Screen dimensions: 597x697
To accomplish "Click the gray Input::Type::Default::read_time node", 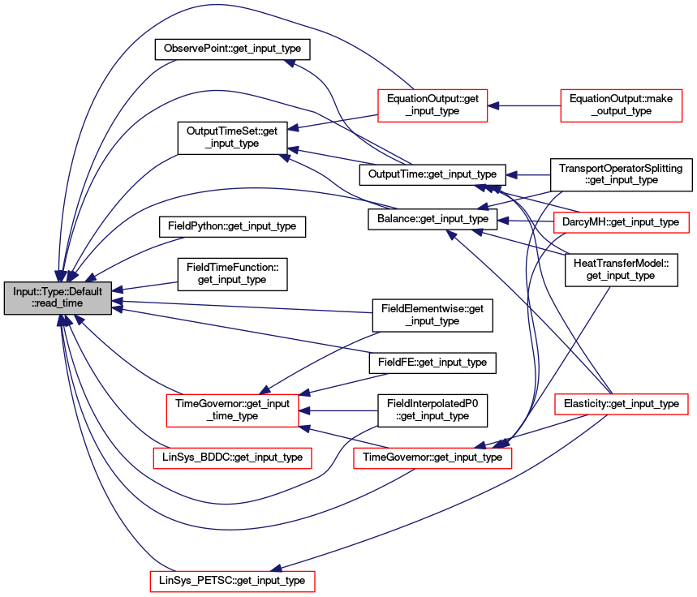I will pyautogui.click(x=58, y=298).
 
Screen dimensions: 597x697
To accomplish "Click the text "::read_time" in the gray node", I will pyautogui.click(x=58, y=303).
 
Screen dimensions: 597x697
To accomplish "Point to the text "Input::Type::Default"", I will pyautogui.click(x=58, y=291).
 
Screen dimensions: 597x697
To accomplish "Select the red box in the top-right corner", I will pyautogui.click(x=621, y=105).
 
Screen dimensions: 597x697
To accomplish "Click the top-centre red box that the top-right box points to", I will pyautogui.click(x=432, y=105).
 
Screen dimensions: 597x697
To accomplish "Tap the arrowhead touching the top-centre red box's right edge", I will pyautogui.click(x=493, y=105).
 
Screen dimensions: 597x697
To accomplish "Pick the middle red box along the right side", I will pyautogui.click(x=621, y=222).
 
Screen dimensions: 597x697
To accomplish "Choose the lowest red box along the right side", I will pyautogui.click(x=621, y=404).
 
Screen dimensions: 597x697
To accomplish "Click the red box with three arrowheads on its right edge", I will pyautogui.click(x=232, y=410).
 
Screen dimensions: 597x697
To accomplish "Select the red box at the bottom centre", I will pyautogui.click(x=432, y=458).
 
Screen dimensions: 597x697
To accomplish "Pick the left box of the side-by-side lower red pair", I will pyautogui.click(x=232, y=458).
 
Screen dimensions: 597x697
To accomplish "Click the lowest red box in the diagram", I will pyautogui.click(x=232, y=582).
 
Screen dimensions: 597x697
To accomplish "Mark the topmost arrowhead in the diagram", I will pyautogui.click(x=289, y=62).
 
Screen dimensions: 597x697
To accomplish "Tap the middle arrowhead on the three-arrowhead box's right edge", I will pyautogui.click(x=305, y=411).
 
